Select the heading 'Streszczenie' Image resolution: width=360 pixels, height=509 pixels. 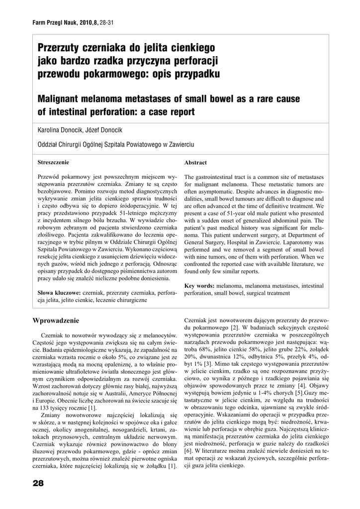click(x=54, y=162)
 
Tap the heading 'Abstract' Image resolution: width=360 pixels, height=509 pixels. click(x=195, y=163)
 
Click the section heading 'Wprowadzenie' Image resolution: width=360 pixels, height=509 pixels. click(x=56, y=320)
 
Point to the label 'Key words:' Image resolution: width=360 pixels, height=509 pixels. click(x=199, y=286)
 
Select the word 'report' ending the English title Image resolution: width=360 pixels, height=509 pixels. click(x=180, y=112)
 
